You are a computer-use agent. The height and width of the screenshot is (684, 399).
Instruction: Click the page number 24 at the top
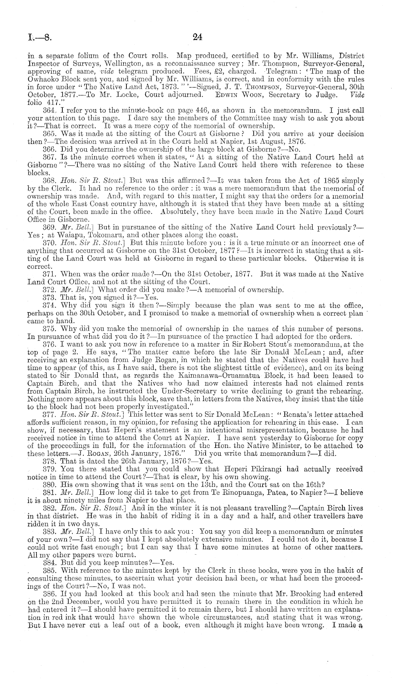click(198, 37)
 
